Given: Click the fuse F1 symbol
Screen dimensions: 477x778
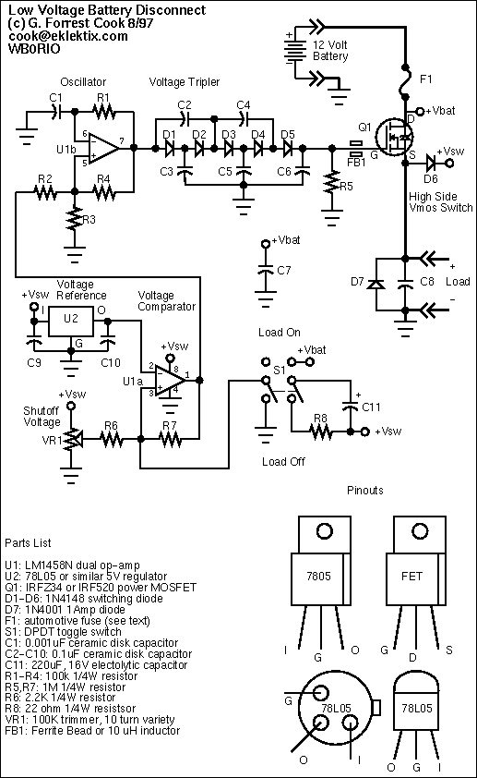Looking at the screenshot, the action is (x=405, y=79).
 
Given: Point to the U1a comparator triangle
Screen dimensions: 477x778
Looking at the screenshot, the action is (x=171, y=381).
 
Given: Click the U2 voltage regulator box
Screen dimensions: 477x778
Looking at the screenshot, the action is (x=70, y=321).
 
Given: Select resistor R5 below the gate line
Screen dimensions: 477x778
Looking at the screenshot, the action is (x=332, y=183).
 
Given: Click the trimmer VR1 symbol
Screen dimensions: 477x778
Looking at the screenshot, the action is (x=73, y=439).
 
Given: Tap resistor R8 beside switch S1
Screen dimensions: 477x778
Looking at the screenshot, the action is (x=321, y=432).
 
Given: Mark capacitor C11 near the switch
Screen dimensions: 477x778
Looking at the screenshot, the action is (x=351, y=407).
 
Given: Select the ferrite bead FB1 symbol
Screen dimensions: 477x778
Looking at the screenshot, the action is (x=355, y=147).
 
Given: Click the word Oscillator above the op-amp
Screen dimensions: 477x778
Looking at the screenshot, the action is (x=83, y=82).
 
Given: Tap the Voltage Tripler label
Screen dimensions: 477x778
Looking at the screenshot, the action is (x=185, y=82).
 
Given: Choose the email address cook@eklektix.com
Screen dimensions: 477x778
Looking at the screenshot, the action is (x=68, y=36).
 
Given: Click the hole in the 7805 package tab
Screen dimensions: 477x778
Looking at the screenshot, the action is (x=324, y=531).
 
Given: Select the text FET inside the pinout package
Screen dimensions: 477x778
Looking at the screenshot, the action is (x=411, y=576).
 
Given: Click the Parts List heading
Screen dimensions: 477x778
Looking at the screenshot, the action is (x=28, y=542).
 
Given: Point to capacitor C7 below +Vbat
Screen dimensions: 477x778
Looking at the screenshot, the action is (x=266, y=271).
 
